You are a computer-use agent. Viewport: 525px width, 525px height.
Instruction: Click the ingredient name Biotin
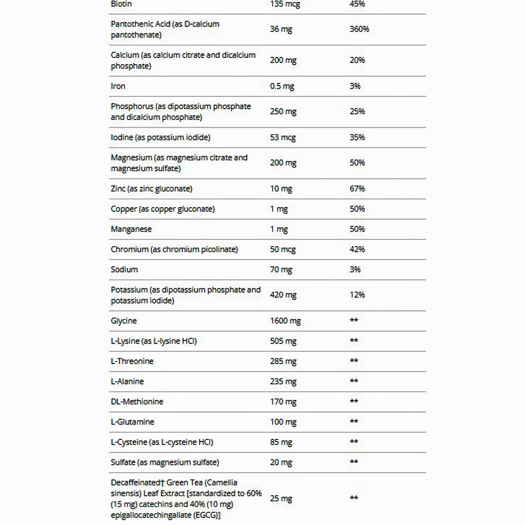pos(120,4)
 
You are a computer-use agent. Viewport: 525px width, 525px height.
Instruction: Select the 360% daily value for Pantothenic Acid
pos(359,29)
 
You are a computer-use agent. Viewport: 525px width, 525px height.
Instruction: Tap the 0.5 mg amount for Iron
pos(282,86)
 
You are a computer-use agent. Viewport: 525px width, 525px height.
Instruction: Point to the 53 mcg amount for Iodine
pos(283,137)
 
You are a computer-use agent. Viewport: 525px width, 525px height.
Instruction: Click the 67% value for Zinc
pos(357,189)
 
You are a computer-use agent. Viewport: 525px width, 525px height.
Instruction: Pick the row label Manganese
pos(131,229)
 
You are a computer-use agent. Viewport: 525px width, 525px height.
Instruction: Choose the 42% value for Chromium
pos(357,249)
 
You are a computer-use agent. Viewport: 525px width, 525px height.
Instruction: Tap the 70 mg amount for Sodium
pos(281,269)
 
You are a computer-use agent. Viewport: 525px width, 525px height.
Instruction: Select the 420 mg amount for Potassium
pos(283,295)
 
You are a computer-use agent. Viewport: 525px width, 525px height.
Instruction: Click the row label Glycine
pos(124,321)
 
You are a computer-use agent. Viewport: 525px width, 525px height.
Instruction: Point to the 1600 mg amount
pos(285,321)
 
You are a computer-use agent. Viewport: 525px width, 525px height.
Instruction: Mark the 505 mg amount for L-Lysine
pos(283,341)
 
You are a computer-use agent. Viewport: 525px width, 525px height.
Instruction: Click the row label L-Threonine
pos(132,361)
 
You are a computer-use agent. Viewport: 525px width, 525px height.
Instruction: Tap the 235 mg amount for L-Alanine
pos(283,381)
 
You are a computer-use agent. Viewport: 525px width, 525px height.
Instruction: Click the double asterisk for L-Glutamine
pos(354,421)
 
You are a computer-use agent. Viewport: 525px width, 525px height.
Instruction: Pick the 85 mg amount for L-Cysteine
pos(281,442)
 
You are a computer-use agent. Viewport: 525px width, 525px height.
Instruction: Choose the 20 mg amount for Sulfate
pos(281,462)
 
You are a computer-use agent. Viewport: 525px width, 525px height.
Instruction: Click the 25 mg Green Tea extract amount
pos(281,498)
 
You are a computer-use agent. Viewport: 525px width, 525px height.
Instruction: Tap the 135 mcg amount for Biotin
pos(285,4)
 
